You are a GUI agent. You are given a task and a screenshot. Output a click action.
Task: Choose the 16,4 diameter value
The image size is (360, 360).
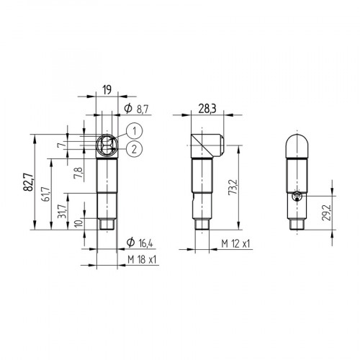[142, 242]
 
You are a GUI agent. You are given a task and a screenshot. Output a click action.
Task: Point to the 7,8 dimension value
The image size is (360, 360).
[78, 172]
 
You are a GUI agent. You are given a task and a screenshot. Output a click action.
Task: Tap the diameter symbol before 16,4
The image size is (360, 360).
[130, 242]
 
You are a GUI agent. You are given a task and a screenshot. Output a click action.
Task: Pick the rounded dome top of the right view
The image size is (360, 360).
[295, 143]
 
